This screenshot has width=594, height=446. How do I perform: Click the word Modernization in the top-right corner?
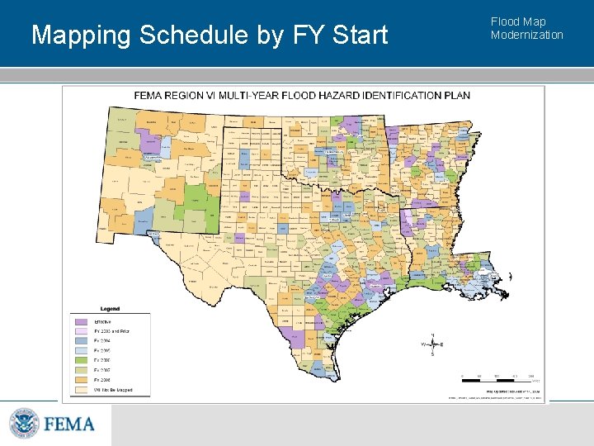[526, 35]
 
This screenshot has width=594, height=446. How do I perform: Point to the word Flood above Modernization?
[506, 22]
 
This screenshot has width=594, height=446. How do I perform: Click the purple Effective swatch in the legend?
[81, 321]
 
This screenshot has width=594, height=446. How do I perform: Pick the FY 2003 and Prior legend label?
[111, 331]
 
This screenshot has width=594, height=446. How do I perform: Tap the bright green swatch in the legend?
[81, 360]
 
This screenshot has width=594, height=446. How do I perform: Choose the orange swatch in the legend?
[81, 380]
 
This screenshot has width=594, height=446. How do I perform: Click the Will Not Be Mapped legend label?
[113, 390]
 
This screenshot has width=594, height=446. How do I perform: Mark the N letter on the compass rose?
[431, 334]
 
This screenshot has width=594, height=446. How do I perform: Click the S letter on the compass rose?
[431, 354]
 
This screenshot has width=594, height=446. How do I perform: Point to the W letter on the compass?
[422, 344]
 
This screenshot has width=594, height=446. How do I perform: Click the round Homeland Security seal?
[24, 424]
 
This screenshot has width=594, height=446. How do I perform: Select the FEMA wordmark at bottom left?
[69, 425]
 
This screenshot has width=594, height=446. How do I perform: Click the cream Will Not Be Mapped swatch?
[81, 390]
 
